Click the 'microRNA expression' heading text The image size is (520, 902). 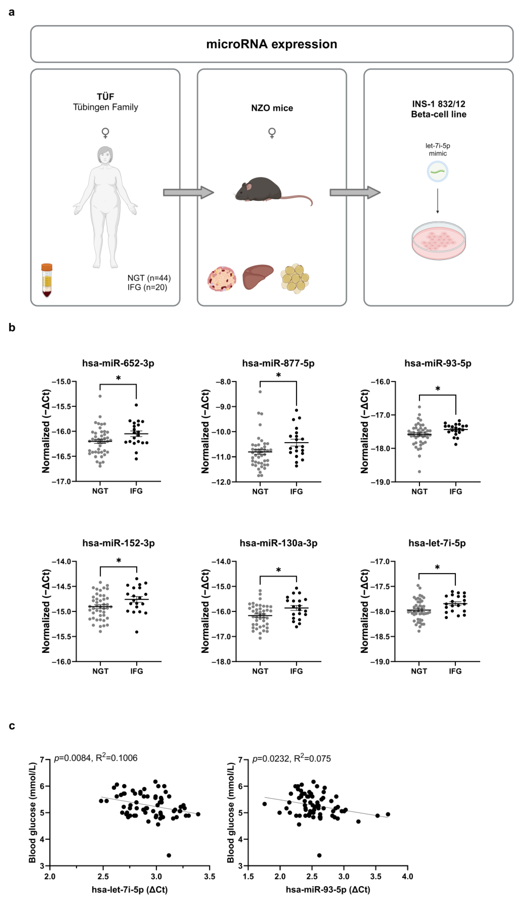[x=271, y=44]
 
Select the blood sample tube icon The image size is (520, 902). [x=47, y=281]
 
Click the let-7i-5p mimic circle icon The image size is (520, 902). [x=437, y=172]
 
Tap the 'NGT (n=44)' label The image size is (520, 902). [x=149, y=278]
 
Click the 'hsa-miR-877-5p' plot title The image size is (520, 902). [x=278, y=363]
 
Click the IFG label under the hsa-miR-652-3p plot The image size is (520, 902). [x=136, y=491]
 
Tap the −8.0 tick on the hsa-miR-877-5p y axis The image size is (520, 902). [x=224, y=382]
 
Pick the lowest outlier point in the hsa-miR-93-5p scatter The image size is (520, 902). [x=319, y=855]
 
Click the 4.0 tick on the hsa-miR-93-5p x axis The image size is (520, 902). [x=408, y=876]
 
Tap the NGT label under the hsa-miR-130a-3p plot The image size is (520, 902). [x=260, y=671]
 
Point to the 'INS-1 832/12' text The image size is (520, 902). [x=438, y=104]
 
